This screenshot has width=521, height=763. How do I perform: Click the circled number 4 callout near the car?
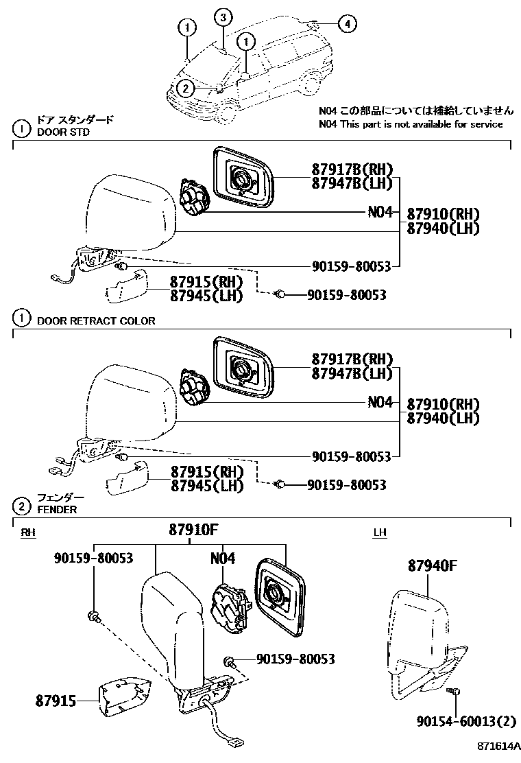pyautogui.click(x=348, y=25)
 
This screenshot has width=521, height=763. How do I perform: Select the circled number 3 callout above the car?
pyautogui.click(x=223, y=18)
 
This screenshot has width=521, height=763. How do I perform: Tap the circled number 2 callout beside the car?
pyautogui.click(x=184, y=88)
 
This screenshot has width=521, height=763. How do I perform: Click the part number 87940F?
pyautogui.click(x=432, y=566)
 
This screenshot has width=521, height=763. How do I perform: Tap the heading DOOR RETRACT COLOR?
pyautogui.click(x=96, y=320)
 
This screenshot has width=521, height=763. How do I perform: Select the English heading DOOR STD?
pyautogui.click(x=63, y=132)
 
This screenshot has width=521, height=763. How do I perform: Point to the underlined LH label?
pyautogui.click(x=380, y=532)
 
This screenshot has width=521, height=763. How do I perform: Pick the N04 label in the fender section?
pyautogui.click(x=223, y=559)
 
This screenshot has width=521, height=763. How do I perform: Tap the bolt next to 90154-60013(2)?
pyautogui.click(x=456, y=692)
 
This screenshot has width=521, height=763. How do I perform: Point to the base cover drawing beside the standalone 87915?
pyautogui.click(x=125, y=696)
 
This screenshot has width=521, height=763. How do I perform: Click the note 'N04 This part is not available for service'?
pyautogui.click(x=411, y=124)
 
